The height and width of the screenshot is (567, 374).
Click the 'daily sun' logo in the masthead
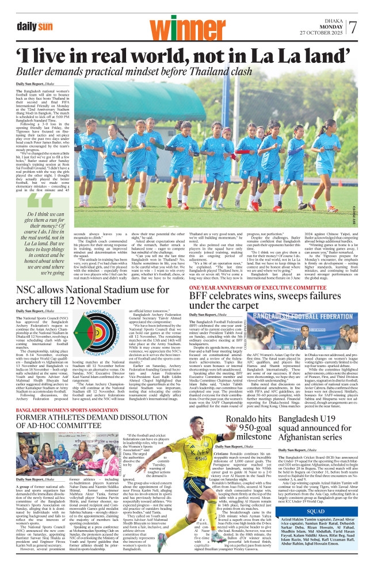point(36,27)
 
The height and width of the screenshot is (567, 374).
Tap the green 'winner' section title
point(185,25)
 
